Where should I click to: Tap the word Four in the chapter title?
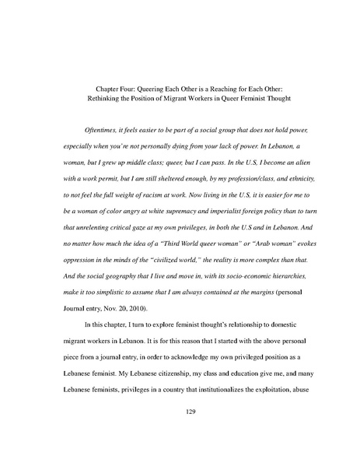click(x=108, y=88)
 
